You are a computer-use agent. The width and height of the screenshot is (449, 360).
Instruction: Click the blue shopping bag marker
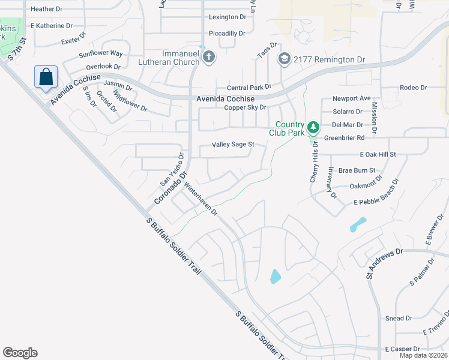coord(46,77)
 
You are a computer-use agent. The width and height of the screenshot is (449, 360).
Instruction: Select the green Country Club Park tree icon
coord(313,128)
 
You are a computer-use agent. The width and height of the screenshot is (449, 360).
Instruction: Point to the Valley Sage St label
coord(234,145)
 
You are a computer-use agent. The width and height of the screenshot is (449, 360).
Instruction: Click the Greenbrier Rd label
coord(345,137)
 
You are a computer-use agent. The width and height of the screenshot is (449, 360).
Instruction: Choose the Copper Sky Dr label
coord(245,107)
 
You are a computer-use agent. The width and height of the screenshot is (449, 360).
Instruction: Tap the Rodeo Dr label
coord(413,88)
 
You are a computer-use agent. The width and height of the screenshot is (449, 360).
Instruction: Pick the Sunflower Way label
coord(100,53)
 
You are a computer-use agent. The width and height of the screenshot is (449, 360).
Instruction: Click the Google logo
coord(20,352)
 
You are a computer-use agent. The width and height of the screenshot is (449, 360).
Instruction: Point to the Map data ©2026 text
coord(423,355)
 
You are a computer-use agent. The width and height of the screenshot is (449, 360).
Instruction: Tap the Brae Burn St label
coord(357,170)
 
